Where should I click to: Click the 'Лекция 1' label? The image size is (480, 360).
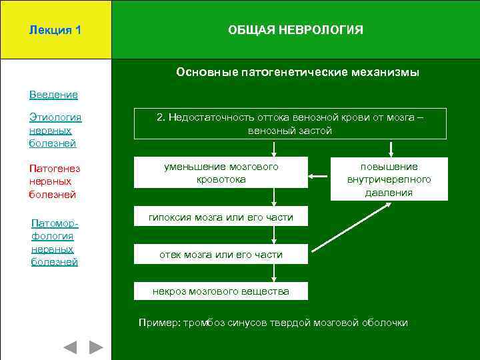click(x=55, y=30)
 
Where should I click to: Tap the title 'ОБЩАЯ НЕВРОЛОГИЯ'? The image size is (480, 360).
click(x=295, y=30)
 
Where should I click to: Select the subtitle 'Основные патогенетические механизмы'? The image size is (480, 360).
click(x=297, y=72)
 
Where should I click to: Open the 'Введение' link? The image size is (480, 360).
click(x=53, y=95)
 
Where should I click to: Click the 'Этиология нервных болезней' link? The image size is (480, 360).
click(x=55, y=130)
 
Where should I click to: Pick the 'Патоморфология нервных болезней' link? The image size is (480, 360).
click(x=53, y=242)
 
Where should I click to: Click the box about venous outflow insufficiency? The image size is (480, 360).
click(x=290, y=123)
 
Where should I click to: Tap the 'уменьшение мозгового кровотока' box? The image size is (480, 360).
click(x=221, y=173)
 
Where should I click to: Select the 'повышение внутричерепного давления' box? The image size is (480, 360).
click(x=389, y=179)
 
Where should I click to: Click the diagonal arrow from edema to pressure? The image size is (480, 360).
click(x=351, y=227)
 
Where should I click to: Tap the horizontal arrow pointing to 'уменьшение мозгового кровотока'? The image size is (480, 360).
click(x=319, y=177)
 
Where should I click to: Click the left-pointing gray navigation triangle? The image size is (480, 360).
click(x=70, y=347)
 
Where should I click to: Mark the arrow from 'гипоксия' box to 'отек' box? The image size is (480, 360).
click(x=274, y=235)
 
